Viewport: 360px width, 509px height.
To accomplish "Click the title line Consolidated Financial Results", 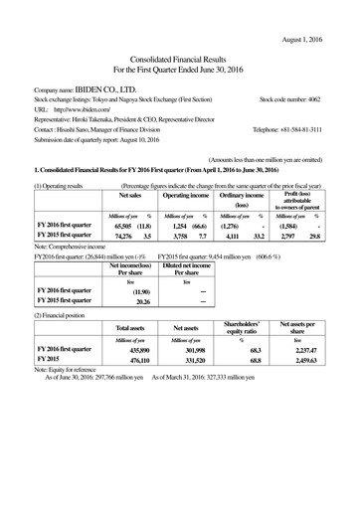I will point(179,58).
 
